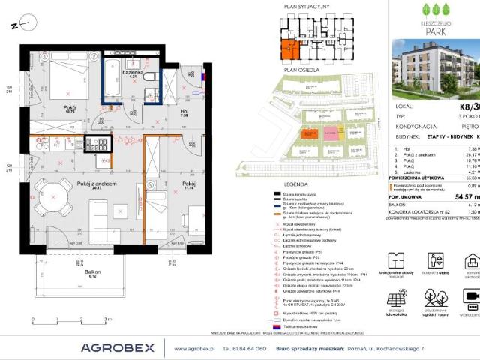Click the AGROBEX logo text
click(118, 347)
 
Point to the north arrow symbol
click(20, 24)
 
